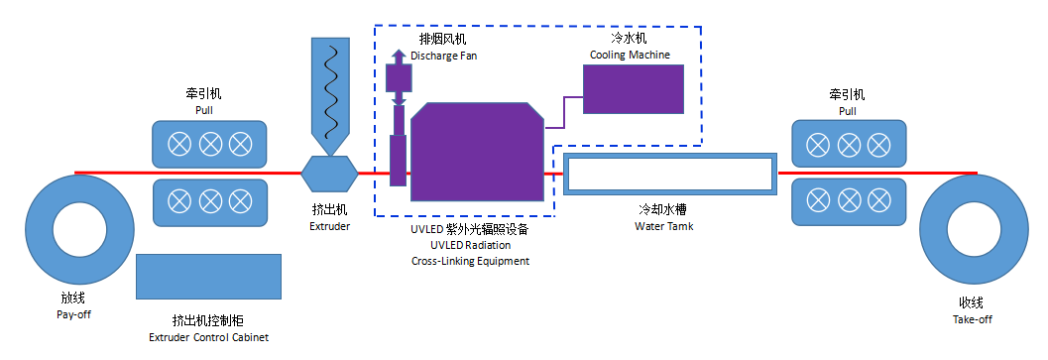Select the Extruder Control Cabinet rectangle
click(x=208, y=277)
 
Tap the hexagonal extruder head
click(x=330, y=173)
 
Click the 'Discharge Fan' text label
click(x=443, y=56)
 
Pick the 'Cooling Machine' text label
click(x=630, y=55)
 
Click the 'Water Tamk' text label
click(x=664, y=226)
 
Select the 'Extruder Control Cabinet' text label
click(x=207, y=337)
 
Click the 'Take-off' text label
click(x=971, y=319)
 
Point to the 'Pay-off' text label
click(x=74, y=314)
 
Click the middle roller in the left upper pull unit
click(x=209, y=144)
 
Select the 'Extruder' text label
click(x=330, y=226)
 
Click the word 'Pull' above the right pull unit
click(x=847, y=111)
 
